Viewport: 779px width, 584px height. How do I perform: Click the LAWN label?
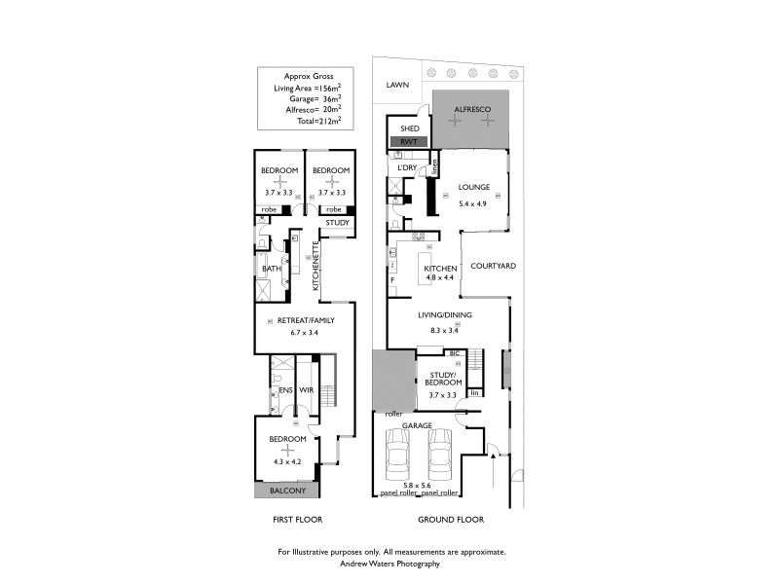click(x=397, y=86)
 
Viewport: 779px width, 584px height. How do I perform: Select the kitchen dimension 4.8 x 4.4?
click(x=438, y=277)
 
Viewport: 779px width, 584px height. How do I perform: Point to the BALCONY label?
click(x=286, y=493)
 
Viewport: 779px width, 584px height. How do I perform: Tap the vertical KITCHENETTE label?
click(x=316, y=266)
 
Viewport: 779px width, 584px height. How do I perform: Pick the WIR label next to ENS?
click(x=305, y=390)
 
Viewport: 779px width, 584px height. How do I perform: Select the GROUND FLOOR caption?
click(x=445, y=520)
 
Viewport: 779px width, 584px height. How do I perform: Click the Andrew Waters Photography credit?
click(x=390, y=563)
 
